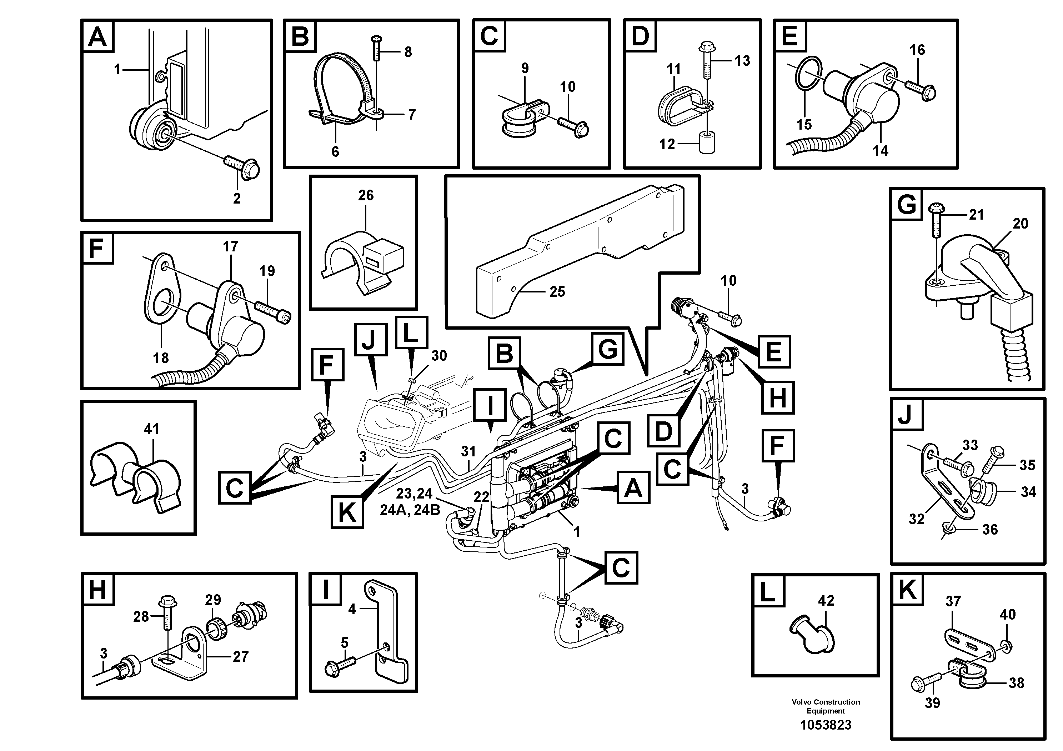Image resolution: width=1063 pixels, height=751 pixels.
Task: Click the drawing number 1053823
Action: tap(826, 725)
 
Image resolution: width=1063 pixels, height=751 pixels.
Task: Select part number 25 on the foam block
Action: tap(557, 291)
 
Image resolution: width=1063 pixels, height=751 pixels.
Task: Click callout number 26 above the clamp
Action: tap(365, 195)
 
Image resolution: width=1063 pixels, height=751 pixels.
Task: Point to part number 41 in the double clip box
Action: tap(151, 429)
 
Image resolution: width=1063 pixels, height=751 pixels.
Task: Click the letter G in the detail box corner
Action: tap(906, 205)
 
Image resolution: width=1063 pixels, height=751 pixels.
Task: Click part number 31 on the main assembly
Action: tap(468, 451)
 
